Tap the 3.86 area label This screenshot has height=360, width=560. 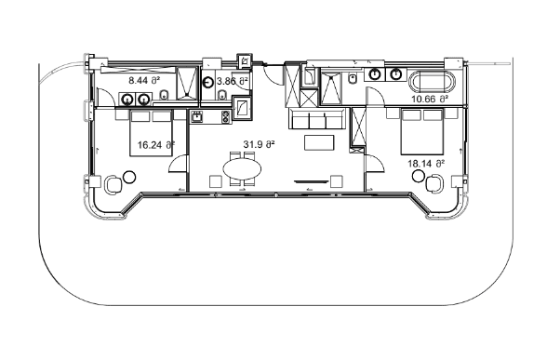(233, 82)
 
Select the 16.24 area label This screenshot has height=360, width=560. (155, 144)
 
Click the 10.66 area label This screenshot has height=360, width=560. (430, 98)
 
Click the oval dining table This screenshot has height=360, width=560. (243, 168)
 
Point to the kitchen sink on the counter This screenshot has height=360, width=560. (197, 117)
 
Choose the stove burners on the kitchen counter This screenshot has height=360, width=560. (225, 117)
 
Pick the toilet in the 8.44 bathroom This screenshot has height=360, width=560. (164, 96)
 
